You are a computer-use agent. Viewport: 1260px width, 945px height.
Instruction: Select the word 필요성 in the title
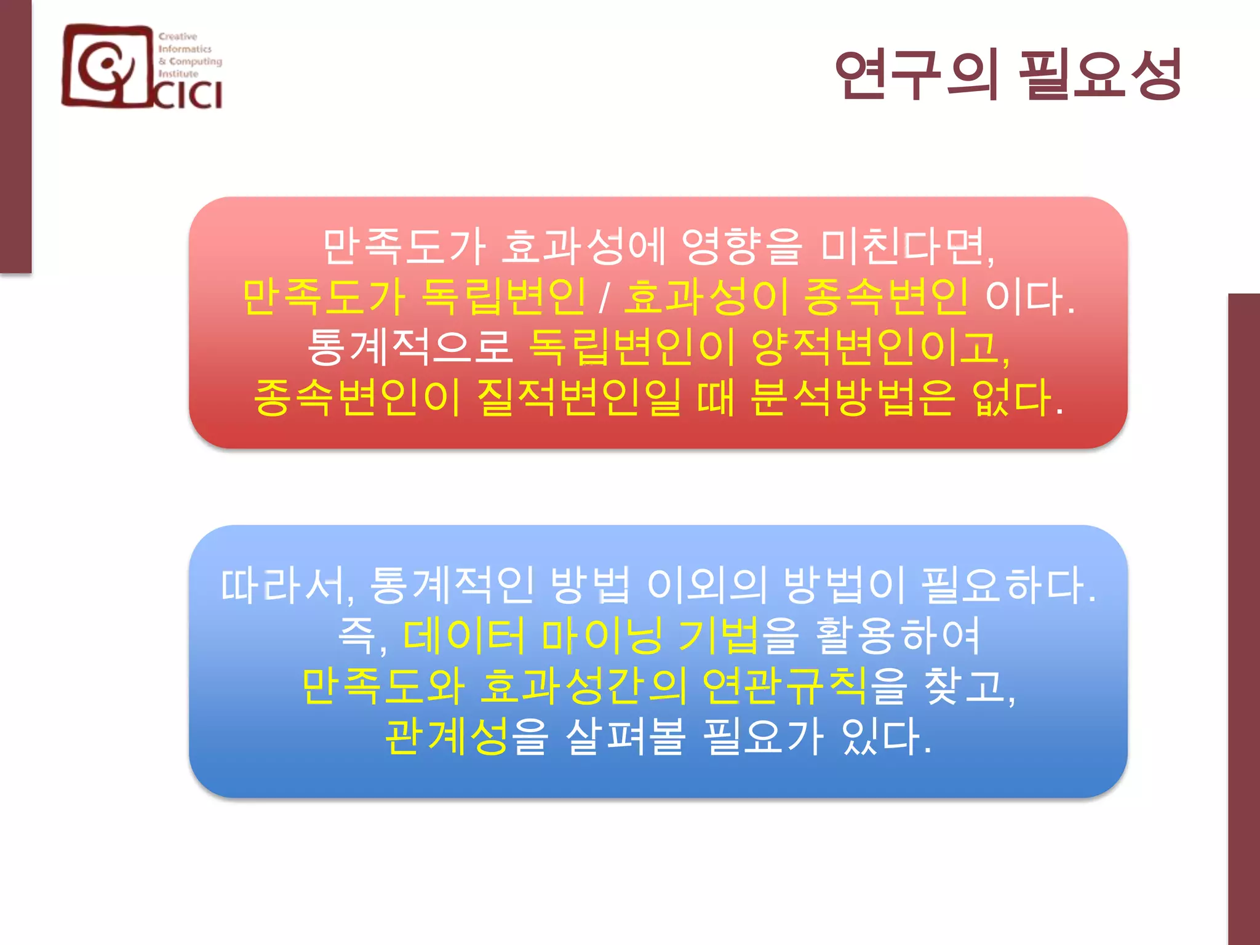1100,75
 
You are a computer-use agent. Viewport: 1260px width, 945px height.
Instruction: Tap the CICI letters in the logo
188,95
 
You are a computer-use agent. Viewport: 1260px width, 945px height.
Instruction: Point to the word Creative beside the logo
178,37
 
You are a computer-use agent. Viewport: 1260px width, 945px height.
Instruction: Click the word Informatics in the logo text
185,49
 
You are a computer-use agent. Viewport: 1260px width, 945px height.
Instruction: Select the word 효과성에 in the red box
584,247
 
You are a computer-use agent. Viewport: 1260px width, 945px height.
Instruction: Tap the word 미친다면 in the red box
907,247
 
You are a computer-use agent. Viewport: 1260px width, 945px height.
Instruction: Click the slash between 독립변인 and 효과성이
605,298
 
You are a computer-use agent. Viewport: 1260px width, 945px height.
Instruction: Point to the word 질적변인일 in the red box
579,398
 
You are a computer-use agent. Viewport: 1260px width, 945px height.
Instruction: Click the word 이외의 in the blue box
706,585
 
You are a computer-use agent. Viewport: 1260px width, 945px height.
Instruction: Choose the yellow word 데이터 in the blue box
465,636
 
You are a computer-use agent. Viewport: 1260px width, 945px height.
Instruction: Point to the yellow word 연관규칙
785,686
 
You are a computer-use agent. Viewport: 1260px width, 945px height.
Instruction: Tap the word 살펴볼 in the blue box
625,736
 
